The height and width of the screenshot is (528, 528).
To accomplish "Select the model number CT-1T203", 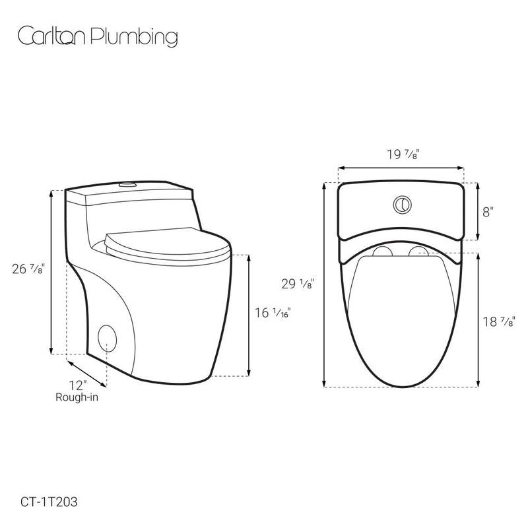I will pos(49,502).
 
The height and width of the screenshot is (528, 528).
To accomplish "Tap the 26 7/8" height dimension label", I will pos(28,269).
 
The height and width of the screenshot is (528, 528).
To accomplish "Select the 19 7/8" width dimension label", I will pos(402,154).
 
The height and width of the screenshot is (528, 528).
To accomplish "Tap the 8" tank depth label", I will pos(488,212).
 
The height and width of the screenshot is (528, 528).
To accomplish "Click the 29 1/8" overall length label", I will pos(298,284).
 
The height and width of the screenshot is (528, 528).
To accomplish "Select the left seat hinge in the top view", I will pos(381,251).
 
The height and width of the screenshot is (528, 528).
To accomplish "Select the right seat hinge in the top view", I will pos(418,251).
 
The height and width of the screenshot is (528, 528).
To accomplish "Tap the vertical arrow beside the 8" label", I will pos(476,213).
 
